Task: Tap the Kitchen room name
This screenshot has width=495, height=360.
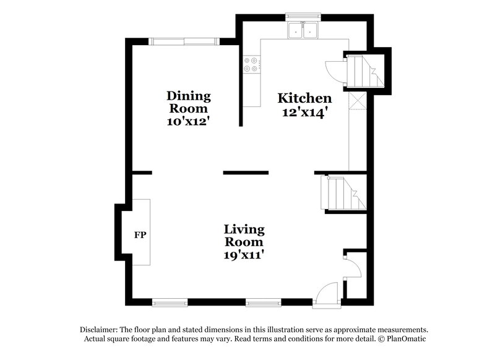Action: [x=304, y=98]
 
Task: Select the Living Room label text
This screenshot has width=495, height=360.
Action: [x=244, y=235]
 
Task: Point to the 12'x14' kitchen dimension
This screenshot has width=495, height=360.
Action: [x=303, y=113]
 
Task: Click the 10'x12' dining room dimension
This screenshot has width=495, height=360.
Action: [x=189, y=122]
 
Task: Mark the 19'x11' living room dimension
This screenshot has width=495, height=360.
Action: [x=244, y=254]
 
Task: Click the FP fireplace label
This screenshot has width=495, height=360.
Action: [x=140, y=235]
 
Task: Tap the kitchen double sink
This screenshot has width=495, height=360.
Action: [x=303, y=30]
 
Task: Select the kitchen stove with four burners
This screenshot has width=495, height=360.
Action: [x=252, y=64]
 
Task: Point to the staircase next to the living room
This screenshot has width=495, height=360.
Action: [x=340, y=194]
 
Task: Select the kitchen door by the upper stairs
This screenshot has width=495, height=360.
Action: [x=335, y=69]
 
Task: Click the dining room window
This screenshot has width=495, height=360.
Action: [x=184, y=41]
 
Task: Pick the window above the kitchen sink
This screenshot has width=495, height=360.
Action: [x=303, y=15]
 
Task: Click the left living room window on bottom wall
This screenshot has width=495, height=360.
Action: [x=170, y=303]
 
